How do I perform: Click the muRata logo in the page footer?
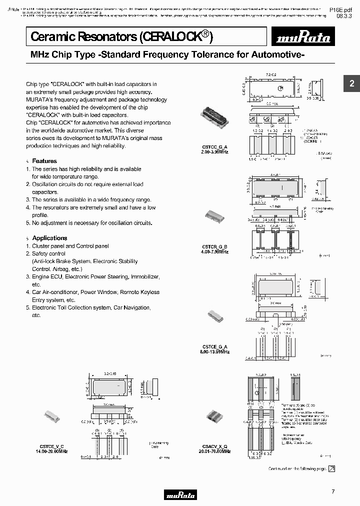click(180, 495)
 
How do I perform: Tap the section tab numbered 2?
click(351, 84)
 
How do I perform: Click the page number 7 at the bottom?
click(333, 492)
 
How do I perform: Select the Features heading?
click(44, 161)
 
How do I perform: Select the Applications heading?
click(49, 238)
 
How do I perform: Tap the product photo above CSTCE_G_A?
click(215, 318)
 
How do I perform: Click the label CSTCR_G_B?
click(215, 246)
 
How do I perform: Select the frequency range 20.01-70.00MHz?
click(215, 451)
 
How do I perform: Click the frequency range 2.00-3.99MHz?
click(215, 151)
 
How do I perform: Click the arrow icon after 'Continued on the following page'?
click(331, 468)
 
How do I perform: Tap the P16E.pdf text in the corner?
click(344, 9)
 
